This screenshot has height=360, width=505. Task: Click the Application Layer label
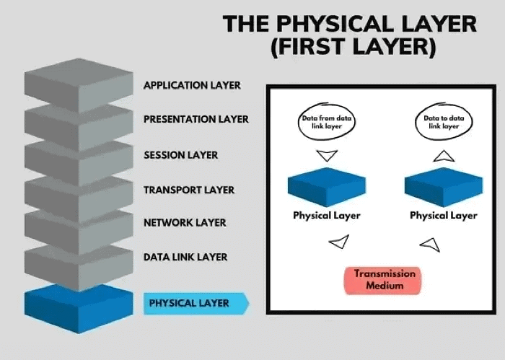tap(192, 85)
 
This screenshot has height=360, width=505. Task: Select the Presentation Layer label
tap(196, 119)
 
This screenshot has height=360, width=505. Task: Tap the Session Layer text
tap(180, 154)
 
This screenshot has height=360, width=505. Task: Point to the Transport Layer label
tap(188, 190)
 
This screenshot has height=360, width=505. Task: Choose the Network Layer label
tap(185, 223)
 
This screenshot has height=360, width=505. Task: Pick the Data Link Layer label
tap(185, 257)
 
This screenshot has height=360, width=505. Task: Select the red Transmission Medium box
tap(385, 280)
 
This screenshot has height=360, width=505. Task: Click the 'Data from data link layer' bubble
tap(327, 122)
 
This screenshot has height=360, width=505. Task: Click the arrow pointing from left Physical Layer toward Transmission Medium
tap(339, 242)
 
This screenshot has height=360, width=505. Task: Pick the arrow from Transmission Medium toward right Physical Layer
tap(430, 243)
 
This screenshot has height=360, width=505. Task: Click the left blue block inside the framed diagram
tap(327, 186)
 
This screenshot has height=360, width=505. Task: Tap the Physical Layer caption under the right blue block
tap(443, 215)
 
